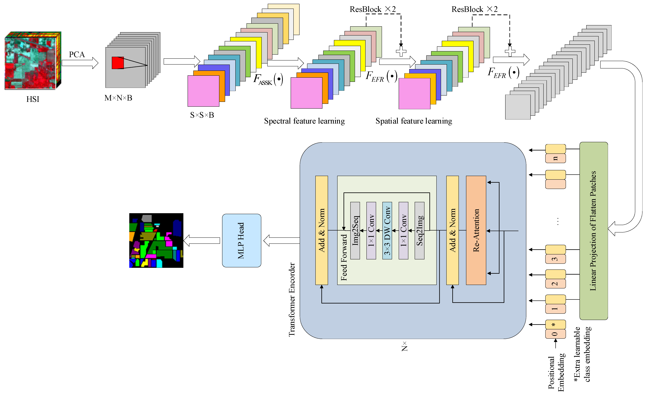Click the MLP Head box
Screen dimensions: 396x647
click(241, 240)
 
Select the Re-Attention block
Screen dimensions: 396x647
click(476, 230)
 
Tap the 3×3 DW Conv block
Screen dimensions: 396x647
click(387, 230)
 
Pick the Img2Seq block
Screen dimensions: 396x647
click(355, 230)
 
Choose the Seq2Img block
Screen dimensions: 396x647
click(419, 230)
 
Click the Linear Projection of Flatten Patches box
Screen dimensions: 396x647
click(593, 231)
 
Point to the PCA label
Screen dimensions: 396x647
click(77, 55)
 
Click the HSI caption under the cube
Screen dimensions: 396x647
click(33, 99)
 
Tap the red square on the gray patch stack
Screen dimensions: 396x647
click(118, 63)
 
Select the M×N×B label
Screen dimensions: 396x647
click(118, 98)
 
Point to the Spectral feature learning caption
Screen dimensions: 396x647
click(304, 121)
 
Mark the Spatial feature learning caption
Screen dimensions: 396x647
click(414, 121)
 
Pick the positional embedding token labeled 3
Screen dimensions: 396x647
click(555, 259)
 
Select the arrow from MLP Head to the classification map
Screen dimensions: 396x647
click(202, 240)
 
